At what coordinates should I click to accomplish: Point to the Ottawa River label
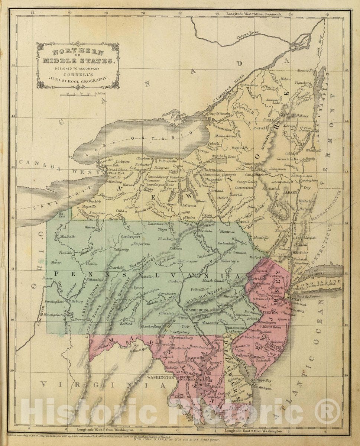point(248,35)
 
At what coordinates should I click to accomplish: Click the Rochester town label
point(143,164)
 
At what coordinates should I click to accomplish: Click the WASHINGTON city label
point(160,377)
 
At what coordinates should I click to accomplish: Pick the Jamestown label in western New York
point(98,213)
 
